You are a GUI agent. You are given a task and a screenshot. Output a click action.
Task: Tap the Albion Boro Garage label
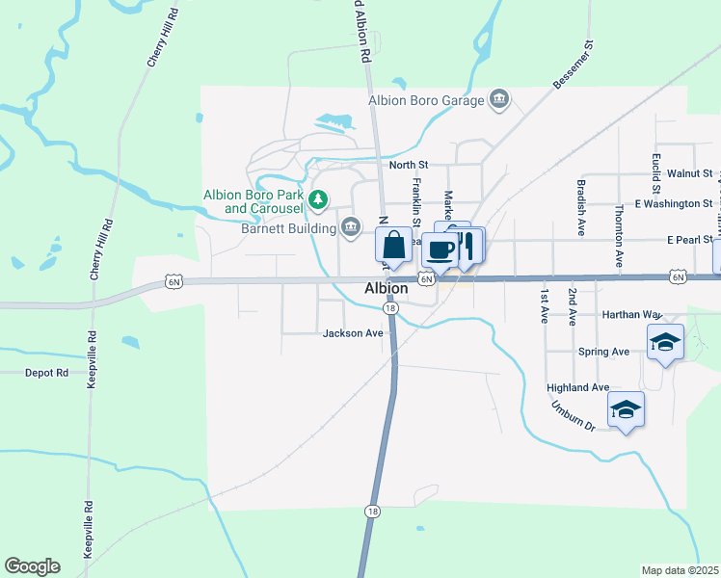427,98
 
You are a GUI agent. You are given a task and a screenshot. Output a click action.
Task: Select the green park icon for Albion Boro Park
319,201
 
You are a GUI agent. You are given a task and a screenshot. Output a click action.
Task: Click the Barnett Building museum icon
350,227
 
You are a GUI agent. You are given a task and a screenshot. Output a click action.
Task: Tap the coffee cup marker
441,250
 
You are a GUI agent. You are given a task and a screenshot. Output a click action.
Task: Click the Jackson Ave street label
353,333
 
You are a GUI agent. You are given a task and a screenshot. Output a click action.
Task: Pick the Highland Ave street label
577,387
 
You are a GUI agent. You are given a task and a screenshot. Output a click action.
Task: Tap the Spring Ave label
603,352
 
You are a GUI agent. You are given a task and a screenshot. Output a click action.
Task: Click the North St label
408,165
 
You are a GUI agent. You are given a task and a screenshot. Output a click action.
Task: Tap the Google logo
32,566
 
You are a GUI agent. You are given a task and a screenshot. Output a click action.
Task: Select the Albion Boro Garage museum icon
499,98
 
